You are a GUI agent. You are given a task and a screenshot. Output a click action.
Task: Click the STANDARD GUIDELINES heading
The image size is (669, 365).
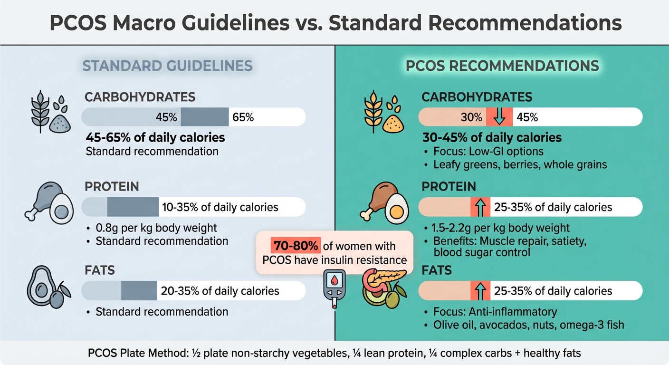(167, 66)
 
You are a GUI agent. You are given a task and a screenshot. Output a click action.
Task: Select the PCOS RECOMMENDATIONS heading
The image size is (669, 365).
(502, 66)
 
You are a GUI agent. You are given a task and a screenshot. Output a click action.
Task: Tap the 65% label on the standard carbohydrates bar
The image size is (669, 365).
(243, 117)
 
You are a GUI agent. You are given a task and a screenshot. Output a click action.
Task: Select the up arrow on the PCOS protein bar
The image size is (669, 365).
(480, 207)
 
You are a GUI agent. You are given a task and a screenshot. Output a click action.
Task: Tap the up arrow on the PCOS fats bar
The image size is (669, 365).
(480, 291)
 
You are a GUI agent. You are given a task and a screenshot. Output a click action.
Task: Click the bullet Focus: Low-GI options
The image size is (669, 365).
(489, 152)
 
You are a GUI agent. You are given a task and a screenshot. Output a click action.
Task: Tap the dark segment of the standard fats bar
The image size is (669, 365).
(139, 291)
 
